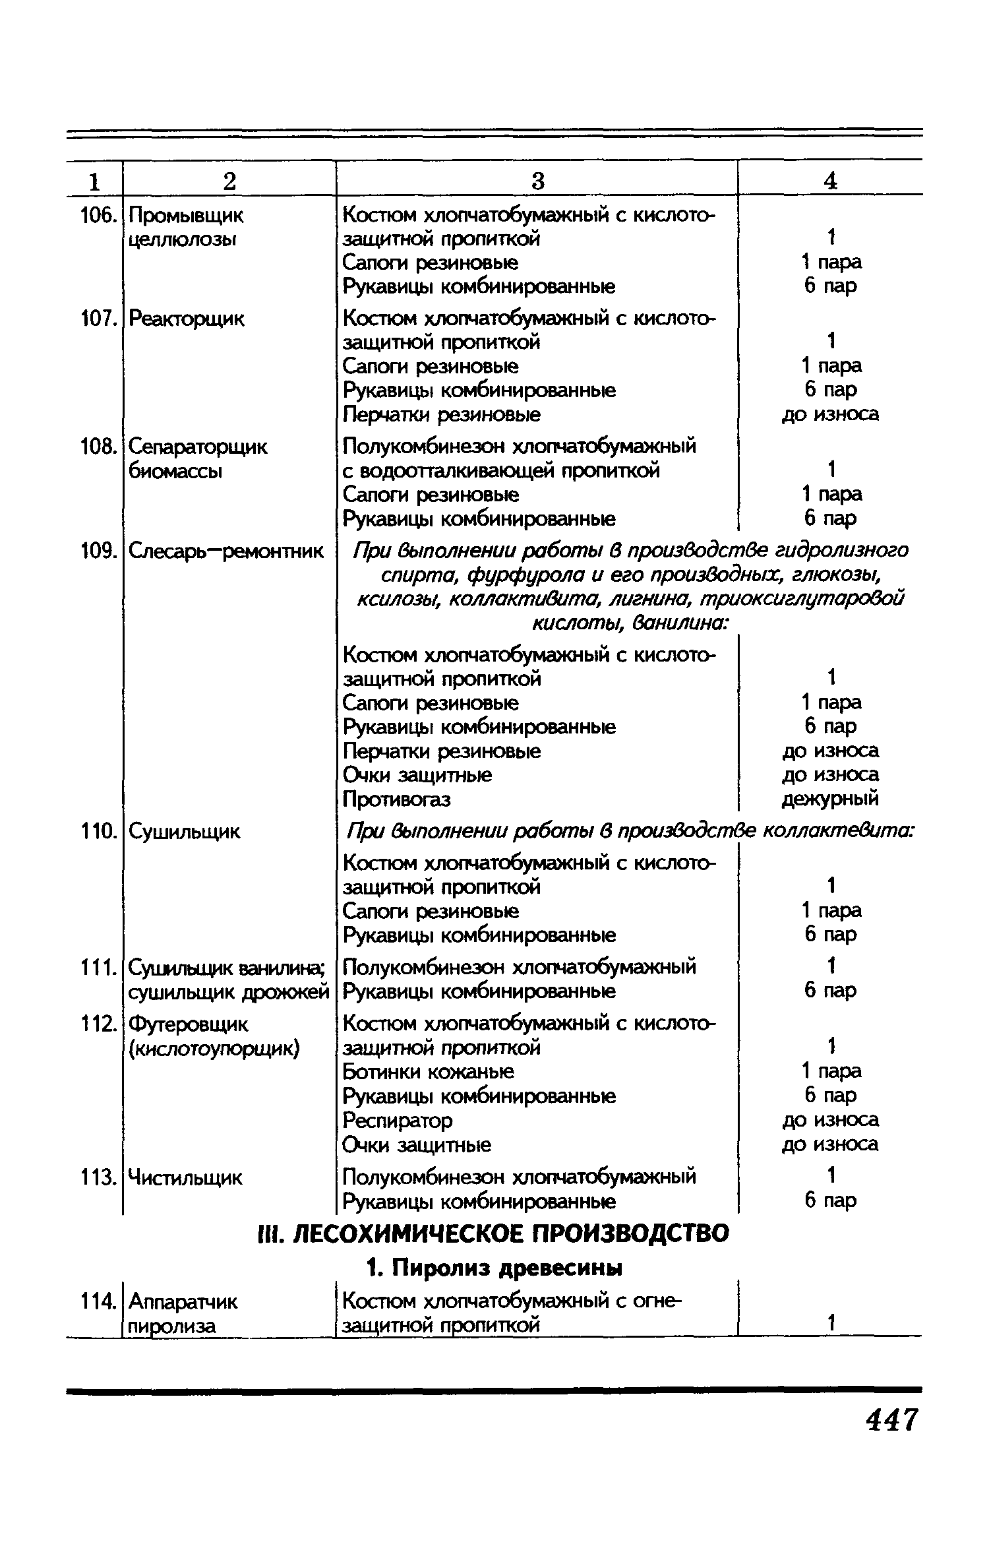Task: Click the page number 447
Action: pyautogui.click(x=891, y=1421)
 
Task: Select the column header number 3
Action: pyautogui.click(x=538, y=181)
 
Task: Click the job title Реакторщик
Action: pyautogui.click(x=187, y=319)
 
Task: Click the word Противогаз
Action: pyautogui.click(x=396, y=799)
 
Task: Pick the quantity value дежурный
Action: pyautogui.click(x=830, y=799)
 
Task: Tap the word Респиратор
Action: pyautogui.click(x=398, y=1120)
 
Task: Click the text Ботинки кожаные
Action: pyautogui.click(x=429, y=1072)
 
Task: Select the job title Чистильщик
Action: pyautogui.click(x=185, y=1177)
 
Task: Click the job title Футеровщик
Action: pyautogui.click(x=188, y=1024)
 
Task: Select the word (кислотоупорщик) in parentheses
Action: pyautogui.click(x=214, y=1048)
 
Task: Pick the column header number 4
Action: pyautogui.click(x=830, y=181)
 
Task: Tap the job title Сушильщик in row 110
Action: pyautogui.click(x=184, y=832)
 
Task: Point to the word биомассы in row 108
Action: pyautogui.click(x=175, y=471)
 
